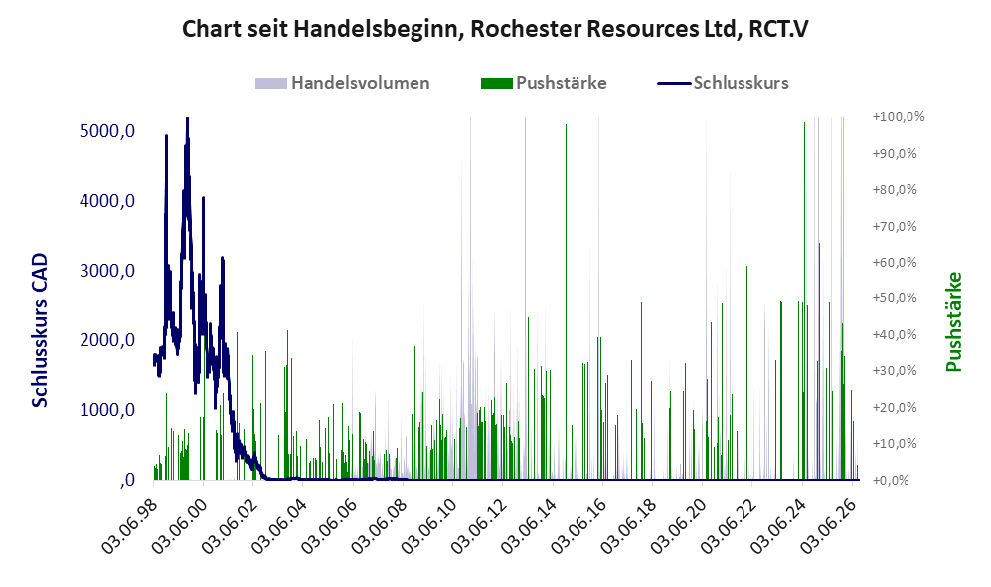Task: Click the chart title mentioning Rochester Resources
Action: coord(495,29)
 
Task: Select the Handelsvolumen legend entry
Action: coord(343,83)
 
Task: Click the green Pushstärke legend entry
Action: coord(544,83)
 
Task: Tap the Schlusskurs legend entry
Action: coord(723,83)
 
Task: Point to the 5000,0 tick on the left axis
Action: coord(107,131)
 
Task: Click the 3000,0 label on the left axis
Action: coord(107,271)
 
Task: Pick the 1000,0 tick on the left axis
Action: coord(107,410)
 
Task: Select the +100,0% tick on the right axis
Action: coord(899,117)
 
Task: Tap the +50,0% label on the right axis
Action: coord(895,297)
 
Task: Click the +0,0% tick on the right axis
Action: coord(891,480)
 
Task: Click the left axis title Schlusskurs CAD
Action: coord(39,329)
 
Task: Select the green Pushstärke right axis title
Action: coord(953,321)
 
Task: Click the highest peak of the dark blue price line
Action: coord(187,118)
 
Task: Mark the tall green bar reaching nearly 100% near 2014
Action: coord(566,301)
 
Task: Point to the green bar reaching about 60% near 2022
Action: coord(746,372)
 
